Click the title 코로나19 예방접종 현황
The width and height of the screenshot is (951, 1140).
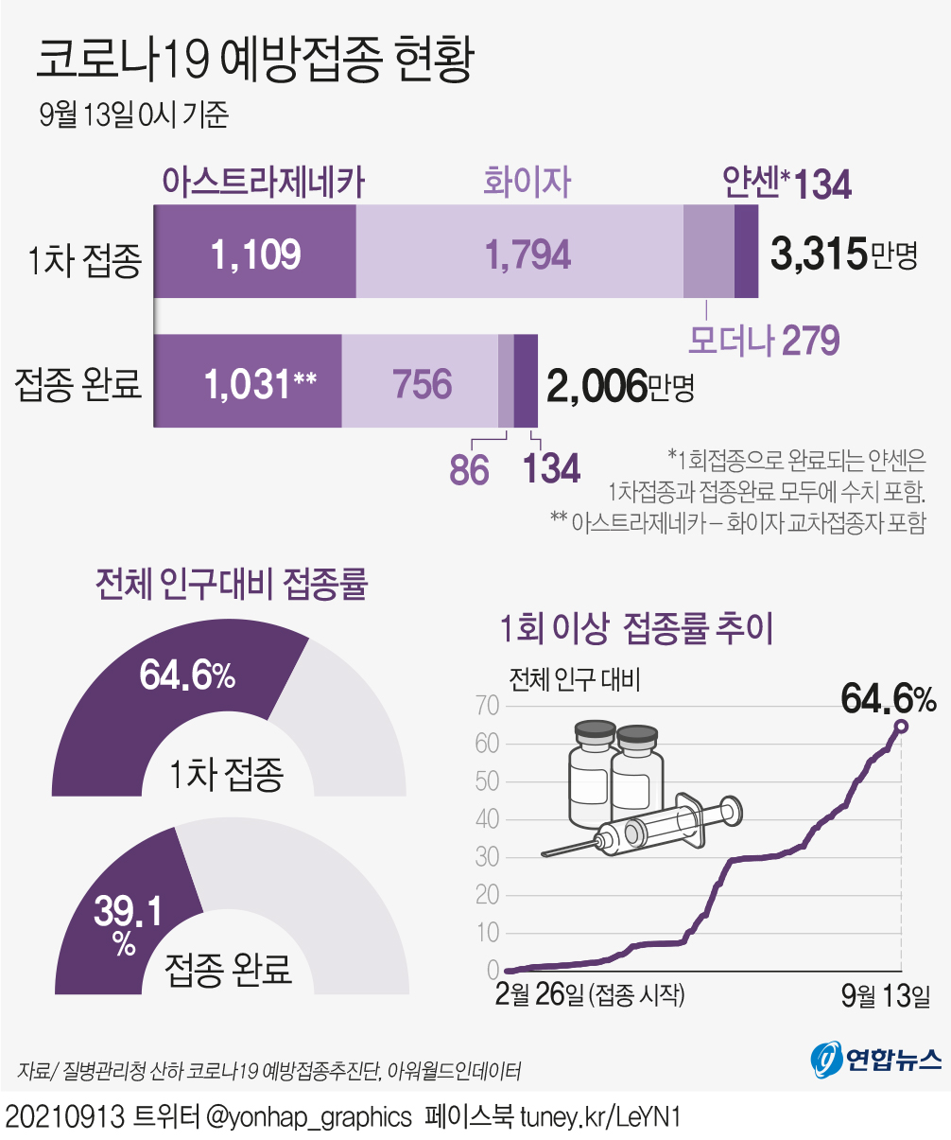point(253,61)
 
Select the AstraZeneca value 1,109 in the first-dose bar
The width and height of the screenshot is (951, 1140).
point(255,253)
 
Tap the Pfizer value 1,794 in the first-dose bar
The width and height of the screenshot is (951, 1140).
point(527,253)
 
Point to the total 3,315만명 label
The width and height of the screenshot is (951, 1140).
point(844,254)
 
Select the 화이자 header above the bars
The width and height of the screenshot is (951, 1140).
point(527,181)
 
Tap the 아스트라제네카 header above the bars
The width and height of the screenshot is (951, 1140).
point(263,181)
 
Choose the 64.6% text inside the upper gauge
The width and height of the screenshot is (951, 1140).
point(187,675)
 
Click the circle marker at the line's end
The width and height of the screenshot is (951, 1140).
point(901,726)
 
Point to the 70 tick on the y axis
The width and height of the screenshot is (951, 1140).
point(488,706)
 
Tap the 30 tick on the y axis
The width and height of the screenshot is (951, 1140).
point(488,857)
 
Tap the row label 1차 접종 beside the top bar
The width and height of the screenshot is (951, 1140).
point(85,258)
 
